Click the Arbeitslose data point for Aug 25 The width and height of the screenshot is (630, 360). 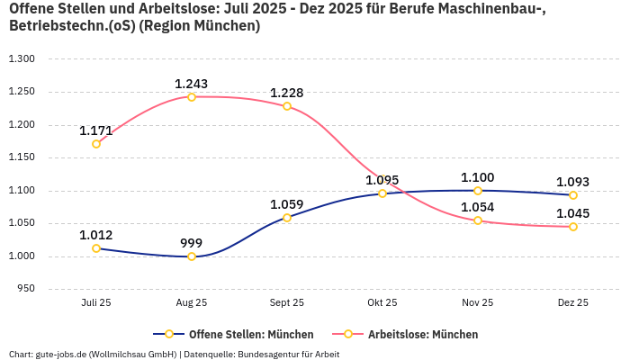pyautogui.click(x=192, y=96)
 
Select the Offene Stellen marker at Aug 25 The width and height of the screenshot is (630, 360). pyautogui.click(x=192, y=256)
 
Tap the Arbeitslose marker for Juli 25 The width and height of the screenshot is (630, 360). pyautogui.click(x=96, y=144)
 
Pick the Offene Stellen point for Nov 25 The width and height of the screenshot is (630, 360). pyautogui.click(x=478, y=191)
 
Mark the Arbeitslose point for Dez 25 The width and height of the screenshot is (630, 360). pyautogui.click(x=573, y=227)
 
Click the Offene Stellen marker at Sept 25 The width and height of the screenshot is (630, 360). pyautogui.click(x=287, y=218)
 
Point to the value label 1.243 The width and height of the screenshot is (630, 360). pyautogui.click(x=192, y=84)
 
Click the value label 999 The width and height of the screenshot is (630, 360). pyautogui.click(x=192, y=243)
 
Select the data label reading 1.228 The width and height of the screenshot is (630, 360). pyautogui.click(x=287, y=93)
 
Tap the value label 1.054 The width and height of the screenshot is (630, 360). pyautogui.click(x=478, y=208)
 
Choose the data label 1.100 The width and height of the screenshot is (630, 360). pyautogui.click(x=478, y=177)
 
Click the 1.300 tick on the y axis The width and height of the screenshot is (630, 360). pyautogui.click(x=21, y=58)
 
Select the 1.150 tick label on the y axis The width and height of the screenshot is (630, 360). pyautogui.click(x=21, y=157)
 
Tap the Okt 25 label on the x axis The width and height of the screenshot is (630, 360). pyautogui.click(x=382, y=303)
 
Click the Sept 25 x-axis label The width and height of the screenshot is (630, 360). pyautogui.click(x=287, y=303)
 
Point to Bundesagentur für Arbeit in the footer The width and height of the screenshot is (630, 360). pyautogui.click(x=289, y=354)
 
